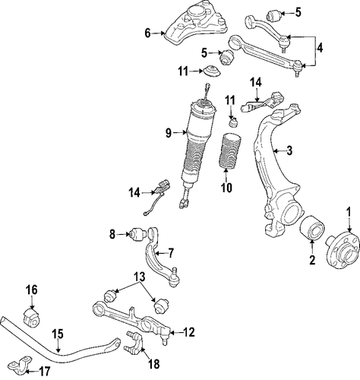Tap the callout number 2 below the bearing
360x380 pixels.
(x=312, y=260)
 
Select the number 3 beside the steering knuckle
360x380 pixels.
(x=289, y=150)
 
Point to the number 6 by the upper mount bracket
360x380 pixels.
(x=147, y=33)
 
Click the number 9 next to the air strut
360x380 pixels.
(x=169, y=133)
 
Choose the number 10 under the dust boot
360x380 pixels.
(x=226, y=188)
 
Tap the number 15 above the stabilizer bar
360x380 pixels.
(x=58, y=334)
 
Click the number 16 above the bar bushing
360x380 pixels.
(x=32, y=290)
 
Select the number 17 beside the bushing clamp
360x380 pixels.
(x=45, y=371)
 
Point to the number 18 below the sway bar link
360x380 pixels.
(x=154, y=364)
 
